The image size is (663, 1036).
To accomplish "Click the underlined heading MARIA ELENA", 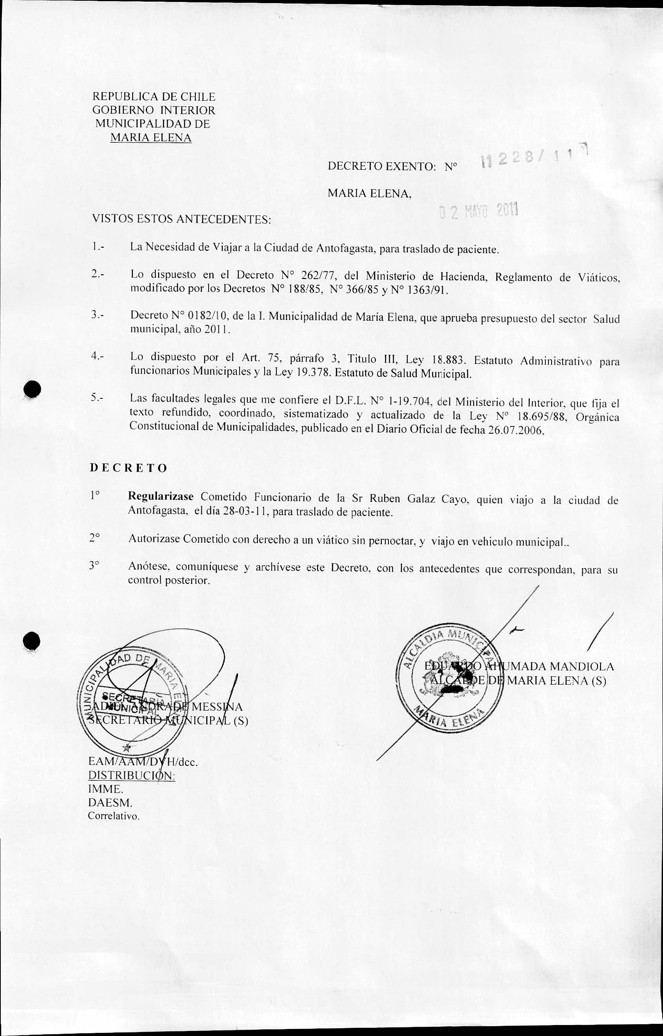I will click(x=151, y=138).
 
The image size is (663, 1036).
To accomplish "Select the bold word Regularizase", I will click(x=161, y=496).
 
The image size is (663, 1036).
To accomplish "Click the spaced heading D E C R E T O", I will click(x=128, y=468).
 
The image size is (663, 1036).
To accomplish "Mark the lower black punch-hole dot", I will click(x=32, y=642).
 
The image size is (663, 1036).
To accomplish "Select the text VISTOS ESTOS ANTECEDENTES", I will click(x=182, y=220).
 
